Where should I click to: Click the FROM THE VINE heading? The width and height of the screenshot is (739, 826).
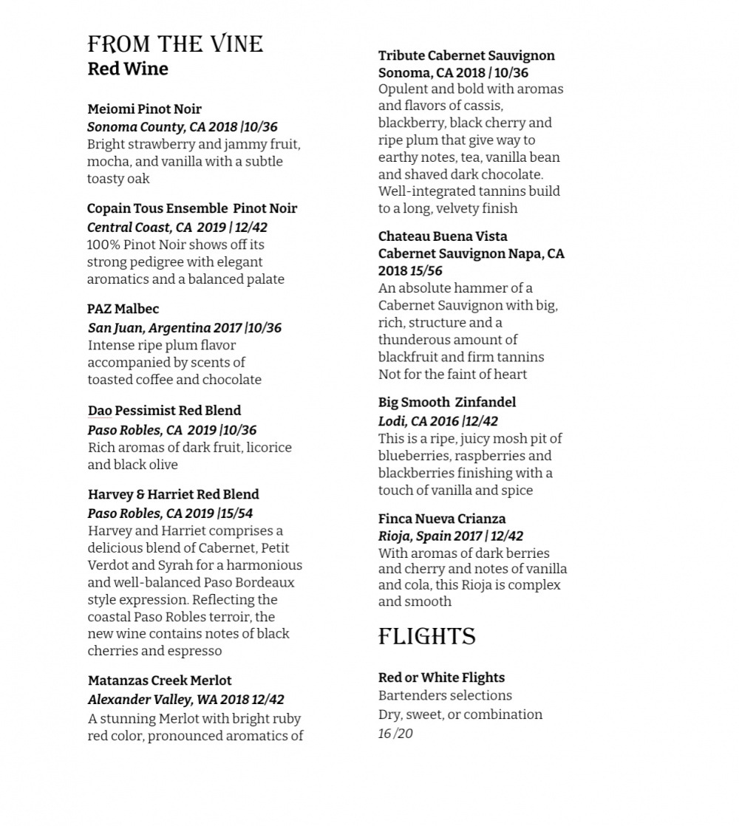(175, 44)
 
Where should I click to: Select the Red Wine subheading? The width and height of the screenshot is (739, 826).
(128, 69)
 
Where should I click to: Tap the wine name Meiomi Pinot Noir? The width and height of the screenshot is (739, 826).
(144, 109)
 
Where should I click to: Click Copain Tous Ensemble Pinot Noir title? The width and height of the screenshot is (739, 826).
(192, 208)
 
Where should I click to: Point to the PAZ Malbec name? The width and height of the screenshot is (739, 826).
(123, 309)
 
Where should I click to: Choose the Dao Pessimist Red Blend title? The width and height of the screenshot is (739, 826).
(164, 411)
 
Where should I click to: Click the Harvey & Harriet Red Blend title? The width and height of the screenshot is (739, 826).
(173, 494)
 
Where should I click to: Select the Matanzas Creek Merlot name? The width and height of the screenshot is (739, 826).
(160, 680)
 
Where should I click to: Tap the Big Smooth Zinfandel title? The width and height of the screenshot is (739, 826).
(447, 403)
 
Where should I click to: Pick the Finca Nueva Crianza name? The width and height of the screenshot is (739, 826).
(442, 519)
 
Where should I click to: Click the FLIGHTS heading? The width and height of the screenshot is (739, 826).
(426, 637)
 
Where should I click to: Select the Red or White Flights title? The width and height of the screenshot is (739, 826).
(441, 677)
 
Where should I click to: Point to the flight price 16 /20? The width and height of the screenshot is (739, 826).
(395, 734)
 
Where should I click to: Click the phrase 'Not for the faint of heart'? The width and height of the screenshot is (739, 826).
(452, 375)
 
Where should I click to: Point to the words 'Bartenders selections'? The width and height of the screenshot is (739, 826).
(445, 695)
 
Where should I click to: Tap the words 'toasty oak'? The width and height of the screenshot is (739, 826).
(118, 179)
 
